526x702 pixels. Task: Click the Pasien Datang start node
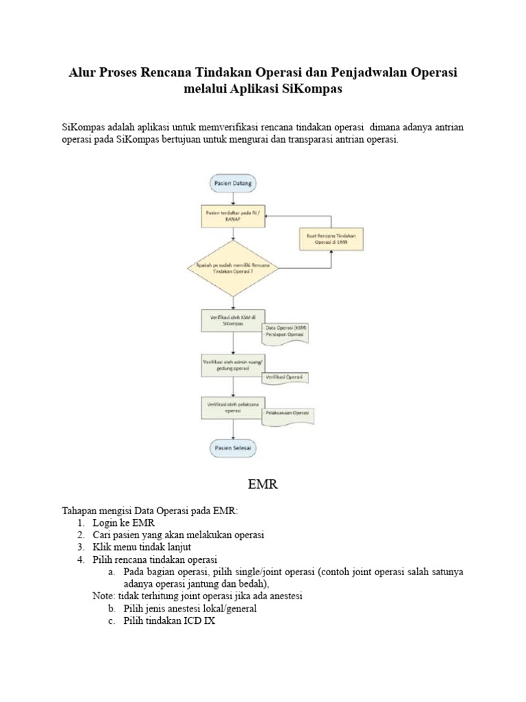[x=234, y=184]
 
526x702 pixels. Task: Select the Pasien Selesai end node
[x=234, y=448]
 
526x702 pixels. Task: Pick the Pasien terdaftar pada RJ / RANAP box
[x=234, y=217]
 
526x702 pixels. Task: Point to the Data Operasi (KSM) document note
[x=287, y=332]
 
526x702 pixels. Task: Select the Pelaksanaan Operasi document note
[x=288, y=413]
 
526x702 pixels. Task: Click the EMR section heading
[x=262, y=485]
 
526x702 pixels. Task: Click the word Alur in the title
[x=82, y=72]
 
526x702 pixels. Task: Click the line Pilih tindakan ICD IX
[x=169, y=621]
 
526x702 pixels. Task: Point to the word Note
[x=104, y=596]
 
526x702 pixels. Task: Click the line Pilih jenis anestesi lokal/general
[x=190, y=609]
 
